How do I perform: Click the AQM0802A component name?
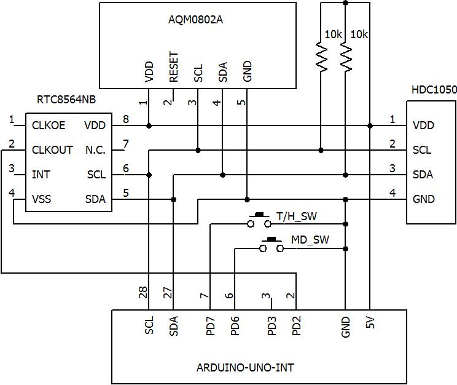tap(195, 19)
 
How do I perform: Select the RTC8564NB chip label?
tap(67, 100)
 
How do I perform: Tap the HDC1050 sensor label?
tap(434, 90)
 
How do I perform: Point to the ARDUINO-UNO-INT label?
tap(245, 368)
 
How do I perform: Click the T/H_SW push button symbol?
tap(259, 220)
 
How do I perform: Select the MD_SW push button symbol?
tap(271, 245)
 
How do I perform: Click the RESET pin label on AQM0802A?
tap(173, 67)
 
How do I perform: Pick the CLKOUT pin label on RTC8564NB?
tap(52, 150)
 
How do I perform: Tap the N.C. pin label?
tap(95, 150)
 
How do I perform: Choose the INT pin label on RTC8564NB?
tap(41, 175)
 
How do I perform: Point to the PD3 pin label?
tap(271, 325)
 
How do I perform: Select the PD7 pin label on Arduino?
tap(210, 325)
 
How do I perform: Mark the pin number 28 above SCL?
tap(143, 294)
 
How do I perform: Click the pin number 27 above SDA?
tap(168, 294)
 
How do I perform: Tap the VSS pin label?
tap(42, 199)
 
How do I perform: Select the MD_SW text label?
tap(310, 240)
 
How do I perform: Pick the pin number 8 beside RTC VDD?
tap(125, 120)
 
